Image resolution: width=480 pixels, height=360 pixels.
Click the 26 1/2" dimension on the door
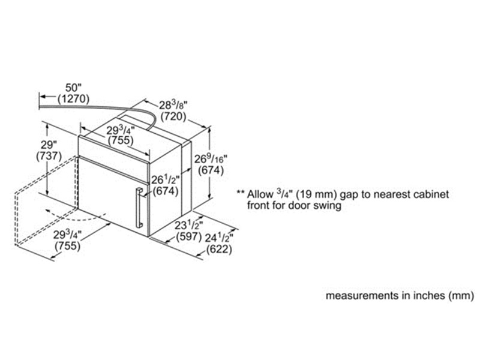pos(166,179)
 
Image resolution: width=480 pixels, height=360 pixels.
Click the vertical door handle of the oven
pos(139,208)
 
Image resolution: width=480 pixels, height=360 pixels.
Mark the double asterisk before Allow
pos(240,196)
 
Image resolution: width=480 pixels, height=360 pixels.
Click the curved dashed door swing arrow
pos(78,215)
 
